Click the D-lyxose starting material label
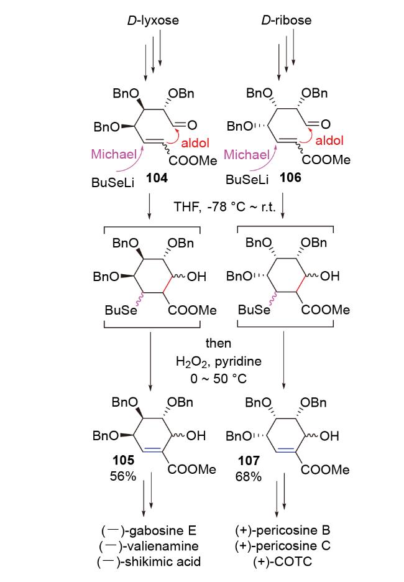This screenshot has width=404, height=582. point(153,20)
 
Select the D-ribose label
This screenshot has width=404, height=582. point(286,20)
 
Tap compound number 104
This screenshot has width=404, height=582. point(157,178)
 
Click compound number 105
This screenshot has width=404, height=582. point(123,460)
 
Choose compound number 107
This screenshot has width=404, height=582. point(249,461)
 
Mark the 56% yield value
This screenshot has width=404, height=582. point(123,476)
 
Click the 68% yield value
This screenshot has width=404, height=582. point(249,476)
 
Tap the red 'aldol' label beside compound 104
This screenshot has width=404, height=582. point(195,143)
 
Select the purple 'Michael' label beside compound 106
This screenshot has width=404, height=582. point(247,154)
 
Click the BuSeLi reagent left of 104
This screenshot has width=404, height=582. point(112,182)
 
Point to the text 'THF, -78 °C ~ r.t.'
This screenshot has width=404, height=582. point(225,206)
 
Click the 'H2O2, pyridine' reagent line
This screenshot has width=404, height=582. point(219,361)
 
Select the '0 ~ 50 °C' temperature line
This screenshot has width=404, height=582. point(219,379)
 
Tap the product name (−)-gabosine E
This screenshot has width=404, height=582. point(149,531)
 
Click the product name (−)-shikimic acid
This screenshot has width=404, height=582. point(149,561)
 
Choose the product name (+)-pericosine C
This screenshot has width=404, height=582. point(283,546)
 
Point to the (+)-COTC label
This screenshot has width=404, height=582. point(283,561)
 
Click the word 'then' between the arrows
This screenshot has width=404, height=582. point(219,343)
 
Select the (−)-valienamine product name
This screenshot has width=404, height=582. point(149,546)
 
